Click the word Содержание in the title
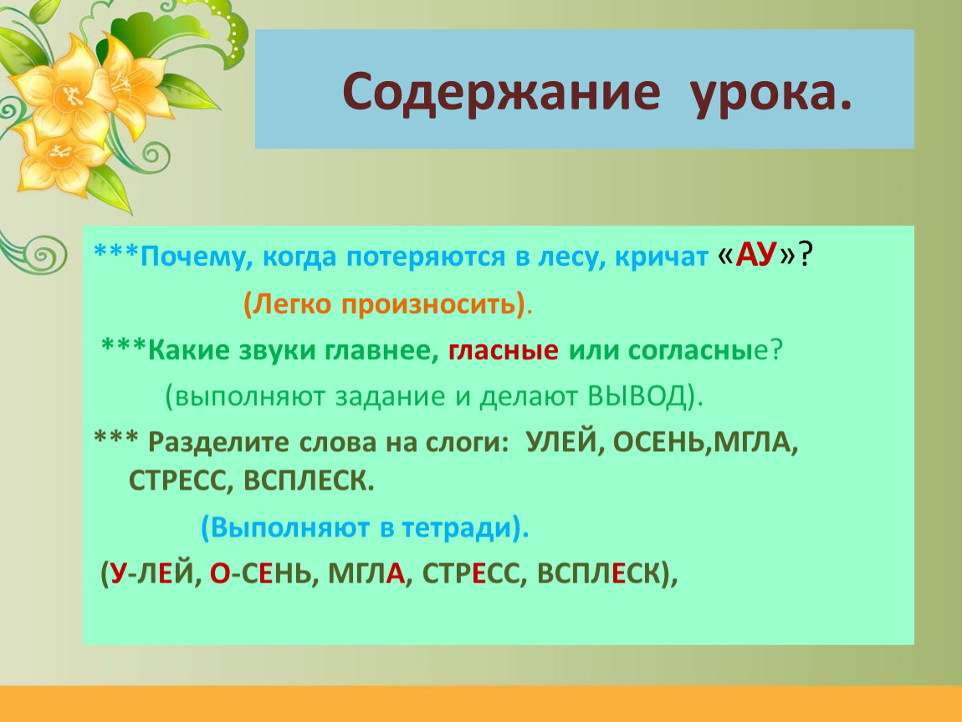[x=500, y=93]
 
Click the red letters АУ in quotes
[x=756, y=255]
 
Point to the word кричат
[x=662, y=257]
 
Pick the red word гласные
[x=503, y=351]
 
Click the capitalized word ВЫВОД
[x=637, y=396]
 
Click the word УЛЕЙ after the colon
[x=560, y=442]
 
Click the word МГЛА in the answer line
[x=366, y=574]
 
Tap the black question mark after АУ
[x=805, y=254]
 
